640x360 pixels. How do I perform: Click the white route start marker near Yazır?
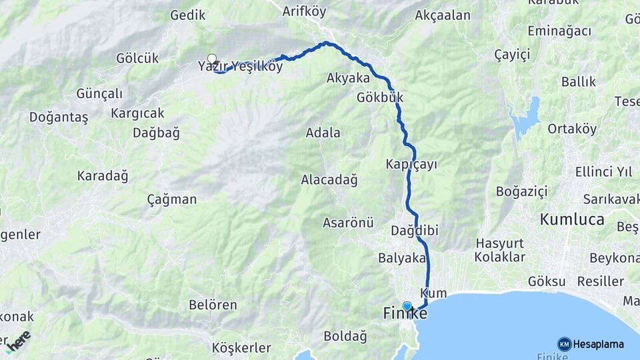(x=212, y=58)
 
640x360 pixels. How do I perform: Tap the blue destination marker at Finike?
(x=407, y=306)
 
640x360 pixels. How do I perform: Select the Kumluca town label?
(x=572, y=219)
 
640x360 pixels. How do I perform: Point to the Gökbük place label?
(x=380, y=97)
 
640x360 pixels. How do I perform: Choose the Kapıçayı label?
(x=411, y=164)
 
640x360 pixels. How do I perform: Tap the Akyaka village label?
(x=348, y=78)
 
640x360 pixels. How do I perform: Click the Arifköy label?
(x=303, y=11)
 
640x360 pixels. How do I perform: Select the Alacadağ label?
(x=329, y=179)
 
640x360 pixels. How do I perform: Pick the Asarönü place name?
(x=348, y=222)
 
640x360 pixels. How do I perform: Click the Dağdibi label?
(x=414, y=231)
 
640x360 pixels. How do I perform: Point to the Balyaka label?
(x=401, y=257)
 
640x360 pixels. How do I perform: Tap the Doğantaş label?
(x=59, y=117)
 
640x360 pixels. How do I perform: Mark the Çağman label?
(x=171, y=199)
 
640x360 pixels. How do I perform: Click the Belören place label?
(x=213, y=305)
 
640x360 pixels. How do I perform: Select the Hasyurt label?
(x=500, y=244)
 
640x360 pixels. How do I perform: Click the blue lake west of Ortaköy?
(x=526, y=118)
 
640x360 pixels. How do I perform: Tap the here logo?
(x=18, y=340)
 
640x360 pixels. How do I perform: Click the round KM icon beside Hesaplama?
(x=564, y=344)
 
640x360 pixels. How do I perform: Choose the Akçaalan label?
(x=443, y=15)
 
